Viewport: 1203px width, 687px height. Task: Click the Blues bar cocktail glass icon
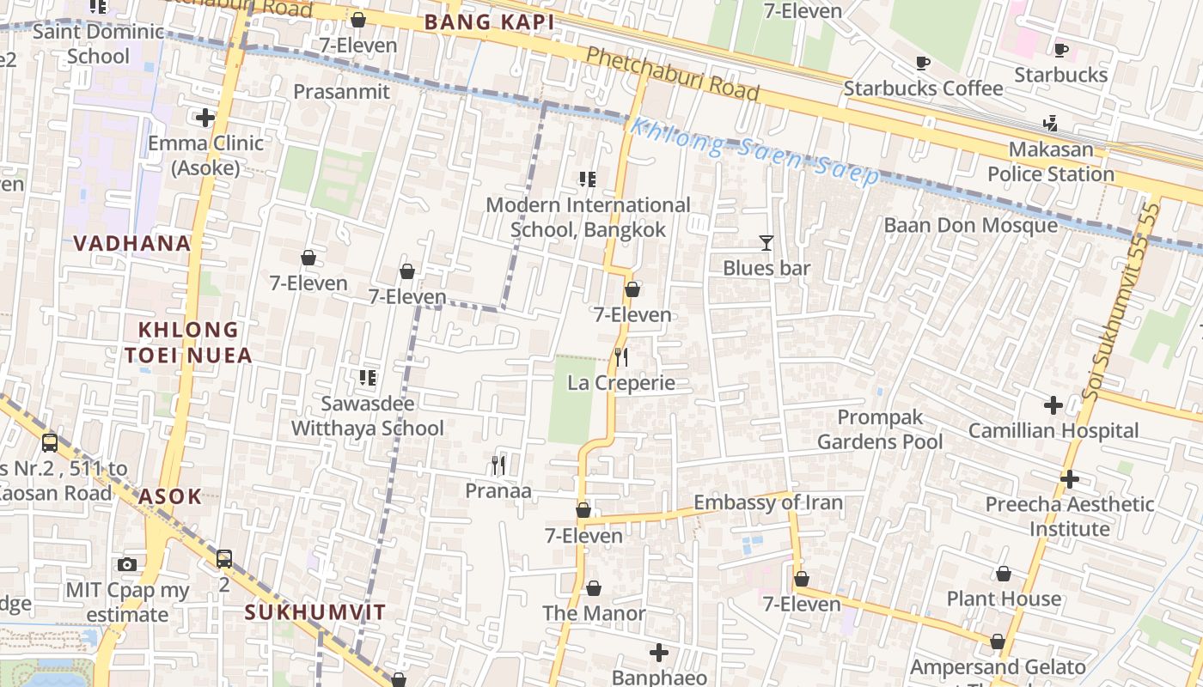click(766, 243)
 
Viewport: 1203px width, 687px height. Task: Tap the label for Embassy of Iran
click(767, 502)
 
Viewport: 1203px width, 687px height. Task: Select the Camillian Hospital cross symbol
click(1053, 405)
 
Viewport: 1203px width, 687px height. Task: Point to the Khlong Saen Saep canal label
click(754, 151)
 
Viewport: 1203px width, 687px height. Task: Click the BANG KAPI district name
click(490, 23)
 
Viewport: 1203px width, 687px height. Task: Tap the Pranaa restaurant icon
click(498, 465)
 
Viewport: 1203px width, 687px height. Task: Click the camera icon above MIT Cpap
click(127, 564)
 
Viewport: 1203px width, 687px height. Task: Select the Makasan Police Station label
click(1050, 161)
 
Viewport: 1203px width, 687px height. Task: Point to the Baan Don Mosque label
click(971, 225)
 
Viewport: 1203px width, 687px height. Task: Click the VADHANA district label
click(131, 243)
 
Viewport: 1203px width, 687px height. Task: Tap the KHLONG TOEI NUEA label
click(188, 342)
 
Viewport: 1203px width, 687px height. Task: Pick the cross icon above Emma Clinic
click(205, 118)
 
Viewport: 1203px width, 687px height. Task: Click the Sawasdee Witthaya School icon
click(368, 377)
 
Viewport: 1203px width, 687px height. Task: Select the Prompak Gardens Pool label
click(879, 429)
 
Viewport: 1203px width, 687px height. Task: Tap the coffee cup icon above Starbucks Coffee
click(923, 63)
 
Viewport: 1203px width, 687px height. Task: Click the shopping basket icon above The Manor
click(593, 588)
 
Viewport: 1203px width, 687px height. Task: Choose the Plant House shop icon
click(1003, 574)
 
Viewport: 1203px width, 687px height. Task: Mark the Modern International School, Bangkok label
click(588, 217)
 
